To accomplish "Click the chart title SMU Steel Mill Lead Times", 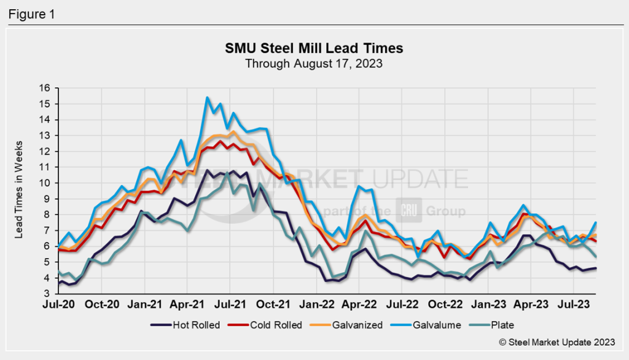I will pyautogui.click(x=314, y=49).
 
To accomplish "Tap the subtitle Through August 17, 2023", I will pyautogui.click(x=314, y=63).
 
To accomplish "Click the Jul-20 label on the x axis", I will pyautogui.click(x=59, y=304).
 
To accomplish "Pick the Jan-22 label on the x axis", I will pyautogui.click(x=316, y=304).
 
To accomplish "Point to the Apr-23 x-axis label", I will pyautogui.click(x=531, y=304).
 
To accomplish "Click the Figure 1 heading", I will pyautogui.click(x=31, y=14).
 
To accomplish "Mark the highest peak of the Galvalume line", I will pyautogui.click(x=207, y=97).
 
